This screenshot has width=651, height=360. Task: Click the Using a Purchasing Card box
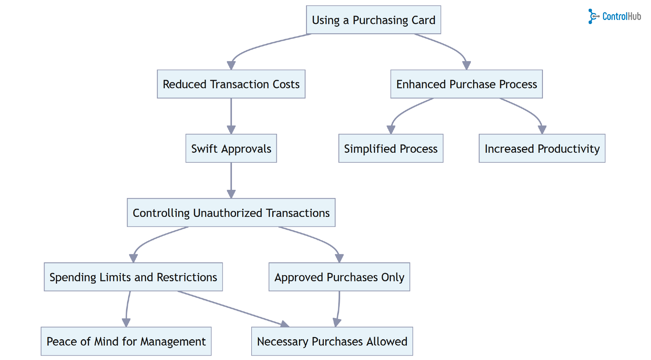coord(373,20)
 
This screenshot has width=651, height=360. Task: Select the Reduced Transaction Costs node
coord(231,84)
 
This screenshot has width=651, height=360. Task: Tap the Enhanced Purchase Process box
coord(466,84)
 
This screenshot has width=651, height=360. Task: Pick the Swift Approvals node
coord(231,148)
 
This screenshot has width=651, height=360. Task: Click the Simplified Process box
coord(391,148)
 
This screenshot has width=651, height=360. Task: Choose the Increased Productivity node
coord(542,148)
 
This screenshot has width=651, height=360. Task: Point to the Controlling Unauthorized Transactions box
coord(231,213)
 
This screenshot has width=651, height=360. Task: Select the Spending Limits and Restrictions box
coord(133,277)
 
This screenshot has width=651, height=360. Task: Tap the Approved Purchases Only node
coord(339,277)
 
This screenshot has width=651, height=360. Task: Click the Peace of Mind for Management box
coord(126,341)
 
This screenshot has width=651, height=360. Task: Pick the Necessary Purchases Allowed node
coord(332,341)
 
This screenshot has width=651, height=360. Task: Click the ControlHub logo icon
coord(593,16)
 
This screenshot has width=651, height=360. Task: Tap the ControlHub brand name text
coord(621,16)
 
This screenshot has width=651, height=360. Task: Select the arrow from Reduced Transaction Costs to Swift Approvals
coord(231,115)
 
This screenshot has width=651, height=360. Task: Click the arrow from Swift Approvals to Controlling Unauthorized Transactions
coord(231,179)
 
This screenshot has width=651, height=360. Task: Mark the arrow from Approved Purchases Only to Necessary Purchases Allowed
coord(339,308)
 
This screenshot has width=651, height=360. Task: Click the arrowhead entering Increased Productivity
coord(542,130)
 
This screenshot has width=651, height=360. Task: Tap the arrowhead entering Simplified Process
coord(391,130)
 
